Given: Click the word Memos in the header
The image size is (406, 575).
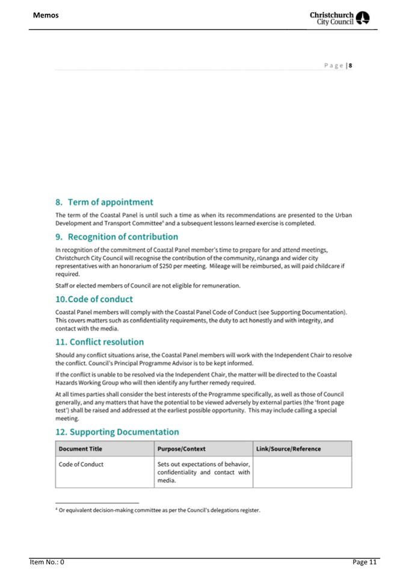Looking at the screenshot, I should (x=46, y=14).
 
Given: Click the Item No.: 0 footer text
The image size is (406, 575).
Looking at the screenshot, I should (x=48, y=562).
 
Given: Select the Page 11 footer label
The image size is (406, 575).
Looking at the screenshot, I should (x=364, y=562).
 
